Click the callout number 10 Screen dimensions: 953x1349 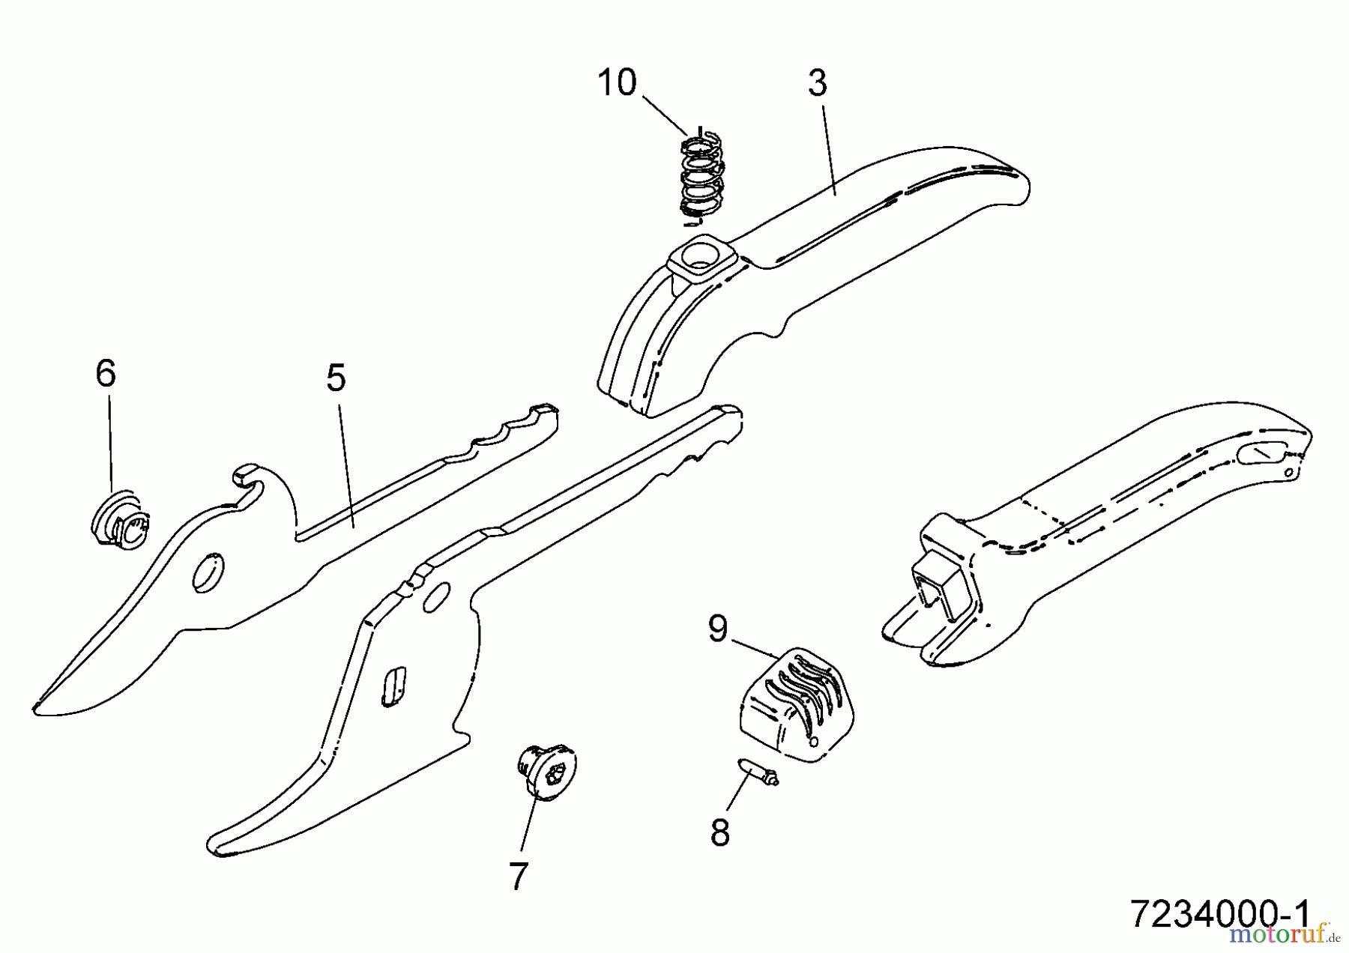pyautogui.click(x=617, y=82)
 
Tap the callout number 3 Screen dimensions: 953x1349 pyautogui.click(x=818, y=83)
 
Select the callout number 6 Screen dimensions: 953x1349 pyautogui.click(x=106, y=373)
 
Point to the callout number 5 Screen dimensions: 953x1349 pyautogui.click(x=337, y=378)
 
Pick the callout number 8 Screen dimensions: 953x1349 pyautogui.click(x=720, y=832)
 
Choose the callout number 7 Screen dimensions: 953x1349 pyautogui.click(x=519, y=876)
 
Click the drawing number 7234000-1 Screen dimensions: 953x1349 pyautogui.click(x=1219, y=913)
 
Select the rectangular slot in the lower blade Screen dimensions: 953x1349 pyautogui.click(x=393, y=686)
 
